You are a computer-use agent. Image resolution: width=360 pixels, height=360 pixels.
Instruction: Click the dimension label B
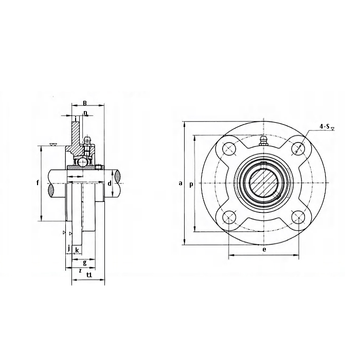click(85, 103)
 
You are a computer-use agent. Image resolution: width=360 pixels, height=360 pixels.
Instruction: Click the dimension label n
click(85, 113)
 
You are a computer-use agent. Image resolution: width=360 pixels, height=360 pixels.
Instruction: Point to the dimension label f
click(38, 183)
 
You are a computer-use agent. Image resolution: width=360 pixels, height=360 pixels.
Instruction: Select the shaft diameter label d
click(110, 183)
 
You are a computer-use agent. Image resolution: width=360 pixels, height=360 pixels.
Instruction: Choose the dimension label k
click(77, 250)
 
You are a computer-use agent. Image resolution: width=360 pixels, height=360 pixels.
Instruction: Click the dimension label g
click(85, 263)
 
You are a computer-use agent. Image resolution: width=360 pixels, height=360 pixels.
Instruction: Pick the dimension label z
click(80, 271)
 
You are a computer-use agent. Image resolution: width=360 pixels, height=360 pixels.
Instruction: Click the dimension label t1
click(89, 275)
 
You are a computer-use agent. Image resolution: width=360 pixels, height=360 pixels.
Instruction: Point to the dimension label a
click(181, 183)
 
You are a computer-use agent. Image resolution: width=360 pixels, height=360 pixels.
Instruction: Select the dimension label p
click(191, 184)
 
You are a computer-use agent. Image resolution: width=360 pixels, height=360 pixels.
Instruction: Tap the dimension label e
click(264, 249)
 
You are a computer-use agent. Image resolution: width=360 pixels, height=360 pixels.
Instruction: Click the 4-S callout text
click(325, 126)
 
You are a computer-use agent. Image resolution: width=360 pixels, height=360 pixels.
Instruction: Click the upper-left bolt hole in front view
click(229, 149)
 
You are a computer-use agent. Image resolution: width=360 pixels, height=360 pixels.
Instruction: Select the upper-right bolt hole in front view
click(298, 149)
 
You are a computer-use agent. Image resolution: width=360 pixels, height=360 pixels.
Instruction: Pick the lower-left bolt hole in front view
click(229, 218)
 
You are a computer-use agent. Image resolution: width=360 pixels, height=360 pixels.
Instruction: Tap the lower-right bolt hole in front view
click(298, 218)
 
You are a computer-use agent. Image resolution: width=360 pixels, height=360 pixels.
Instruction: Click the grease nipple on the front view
click(263, 140)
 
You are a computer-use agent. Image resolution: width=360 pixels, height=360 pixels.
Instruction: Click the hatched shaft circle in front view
click(264, 183)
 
